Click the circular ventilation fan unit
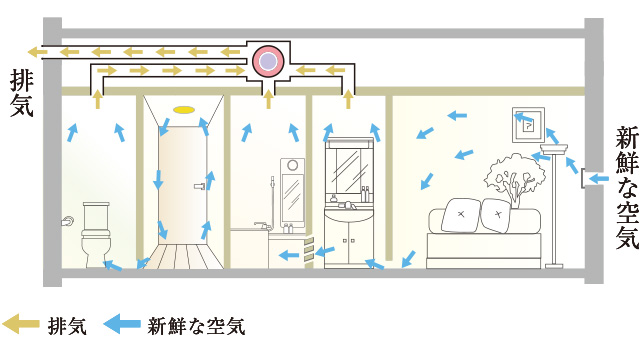point(268,62)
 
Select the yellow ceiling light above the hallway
point(182,108)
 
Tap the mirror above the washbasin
point(349,168)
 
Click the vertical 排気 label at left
point(21,91)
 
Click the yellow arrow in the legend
point(21,324)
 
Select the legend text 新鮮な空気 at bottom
point(196,325)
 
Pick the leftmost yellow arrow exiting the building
point(37,51)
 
